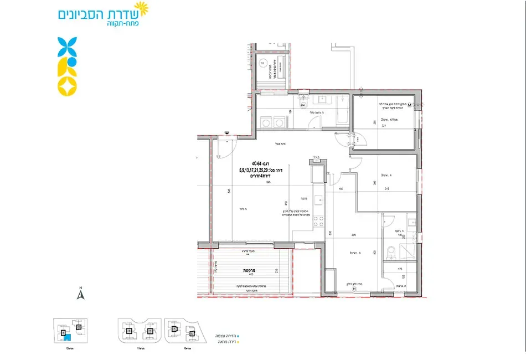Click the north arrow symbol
[x=80, y=295]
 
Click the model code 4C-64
[x=256, y=163]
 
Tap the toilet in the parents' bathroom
[x=391, y=254]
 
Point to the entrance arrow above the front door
[x=227, y=133]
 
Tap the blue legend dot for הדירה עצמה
[x=239, y=335]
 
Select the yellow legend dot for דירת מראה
[x=239, y=342]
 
